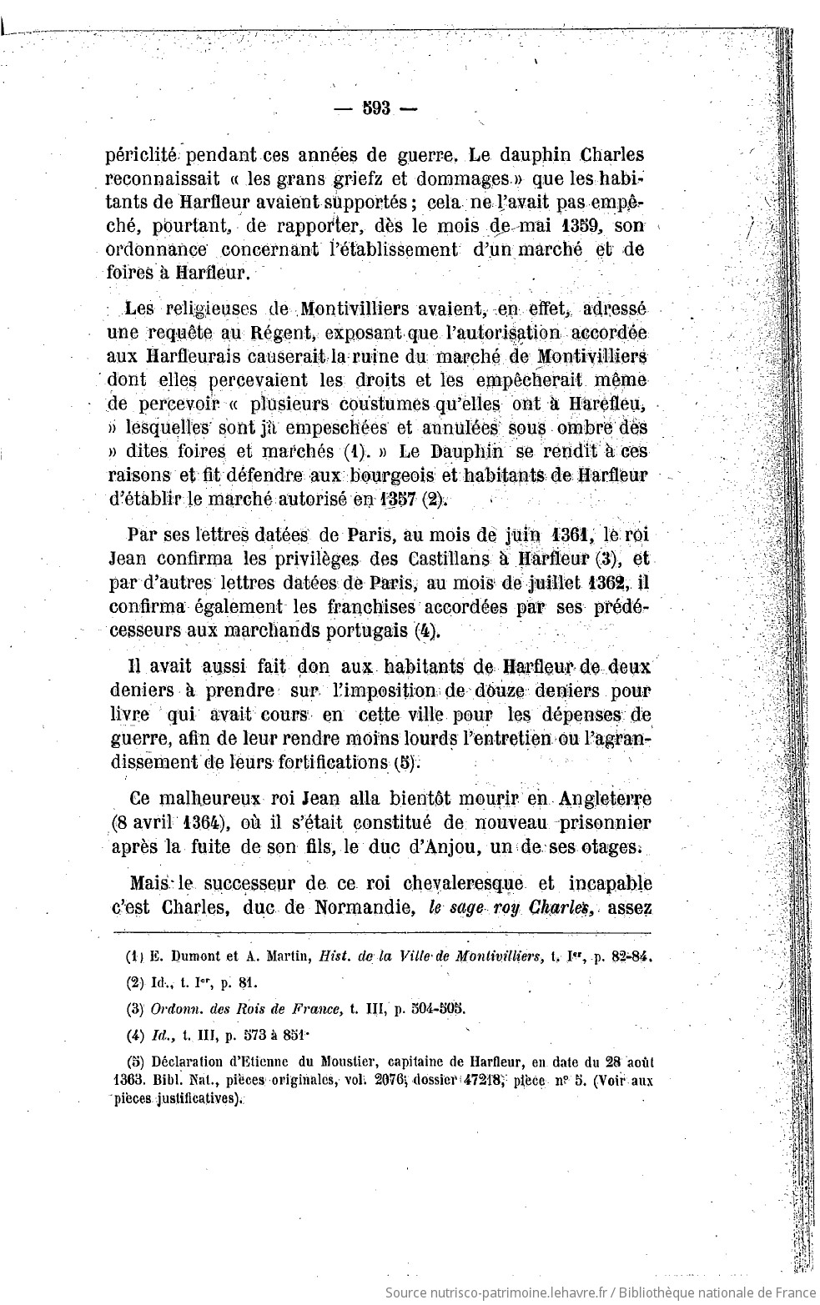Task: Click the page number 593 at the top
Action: coord(377,111)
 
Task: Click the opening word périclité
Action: coord(143,156)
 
